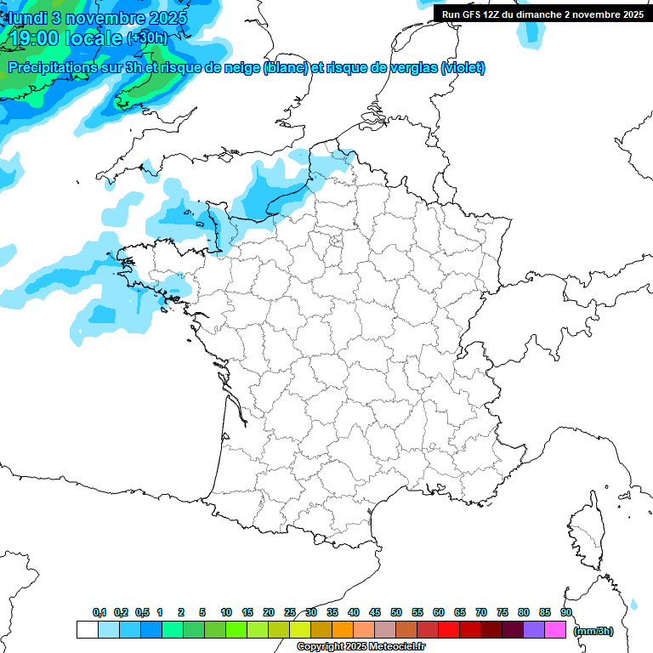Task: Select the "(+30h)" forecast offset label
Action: [147, 38]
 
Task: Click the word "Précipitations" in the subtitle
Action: [52, 68]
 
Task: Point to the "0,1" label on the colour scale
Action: [99, 612]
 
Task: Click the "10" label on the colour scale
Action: [226, 612]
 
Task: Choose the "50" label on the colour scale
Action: [396, 612]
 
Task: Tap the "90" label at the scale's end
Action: [566, 612]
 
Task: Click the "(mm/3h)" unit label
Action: [593, 631]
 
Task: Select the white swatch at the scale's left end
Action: [87, 630]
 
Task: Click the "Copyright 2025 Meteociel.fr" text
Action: [361, 647]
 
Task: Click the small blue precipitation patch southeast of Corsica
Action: [633, 605]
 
